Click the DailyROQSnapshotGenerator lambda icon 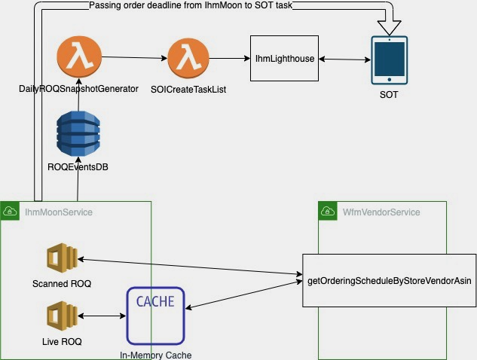coord(79,57)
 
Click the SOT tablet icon coord(390,60)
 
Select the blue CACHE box coord(155,314)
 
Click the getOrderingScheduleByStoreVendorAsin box coord(389,280)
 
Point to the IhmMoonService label coord(58,212)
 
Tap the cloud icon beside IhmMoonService coord(11,212)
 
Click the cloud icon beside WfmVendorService coord(326,212)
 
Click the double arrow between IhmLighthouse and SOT coord(346,59)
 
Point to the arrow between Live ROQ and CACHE coord(101,316)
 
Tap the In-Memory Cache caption coord(155,354)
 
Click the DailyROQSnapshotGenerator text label coord(78,89)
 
